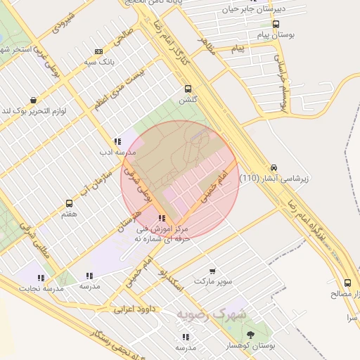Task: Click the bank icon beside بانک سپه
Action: [x=98, y=51]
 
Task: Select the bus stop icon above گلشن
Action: [x=188, y=89]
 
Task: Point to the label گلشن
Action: [x=188, y=100]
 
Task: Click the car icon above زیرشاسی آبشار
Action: [x=274, y=167]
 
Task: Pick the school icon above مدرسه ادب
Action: [x=117, y=141]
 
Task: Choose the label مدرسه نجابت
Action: [x=41, y=288]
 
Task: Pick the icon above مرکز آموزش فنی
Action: [x=162, y=219]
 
